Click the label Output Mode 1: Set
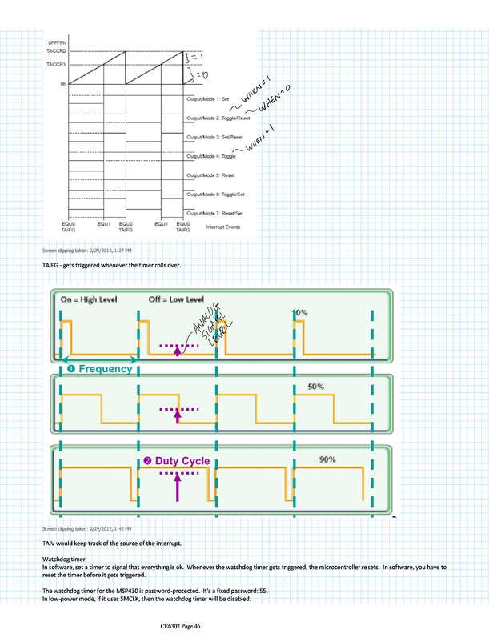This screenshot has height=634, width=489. [x=208, y=98]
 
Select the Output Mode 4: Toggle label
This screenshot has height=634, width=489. [x=206, y=156]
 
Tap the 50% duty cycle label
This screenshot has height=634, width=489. [x=316, y=387]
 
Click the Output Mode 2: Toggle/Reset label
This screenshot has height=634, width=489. [x=216, y=118]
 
